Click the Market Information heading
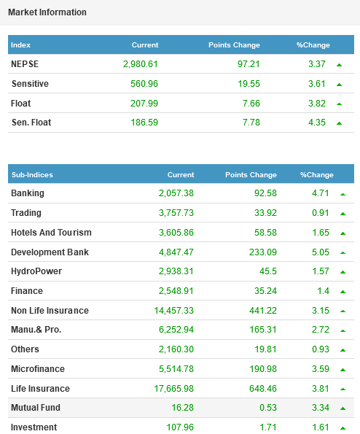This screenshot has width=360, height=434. (x=47, y=12)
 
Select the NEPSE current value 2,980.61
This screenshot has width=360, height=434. (x=141, y=64)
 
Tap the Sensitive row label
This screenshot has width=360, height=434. (x=30, y=84)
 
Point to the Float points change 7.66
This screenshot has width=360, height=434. (x=251, y=104)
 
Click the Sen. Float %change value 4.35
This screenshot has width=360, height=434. (x=317, y=123)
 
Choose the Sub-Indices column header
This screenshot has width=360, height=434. (x=32, y=174)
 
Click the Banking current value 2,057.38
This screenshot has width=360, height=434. (x=176, y=193)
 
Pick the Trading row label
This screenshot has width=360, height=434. (x=26, y=213)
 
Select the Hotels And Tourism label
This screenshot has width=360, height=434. (x=51, y=233)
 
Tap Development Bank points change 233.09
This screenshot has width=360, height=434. (x=262, y=252)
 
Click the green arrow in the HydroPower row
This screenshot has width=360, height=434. (x=343, y=272)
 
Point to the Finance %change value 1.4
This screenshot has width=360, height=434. (x=324, y=291)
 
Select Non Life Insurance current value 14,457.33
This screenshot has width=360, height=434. (x=173, y=311)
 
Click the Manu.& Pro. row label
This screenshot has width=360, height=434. (x=36, y=330)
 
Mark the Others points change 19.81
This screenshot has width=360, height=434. (x=265, y=349)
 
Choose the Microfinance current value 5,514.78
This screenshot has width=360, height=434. (x=176, y=369)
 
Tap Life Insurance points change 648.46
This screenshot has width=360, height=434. (x=262, y=389)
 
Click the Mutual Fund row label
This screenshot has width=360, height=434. (x=36, y=408)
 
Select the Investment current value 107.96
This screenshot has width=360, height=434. (x=180, y=427)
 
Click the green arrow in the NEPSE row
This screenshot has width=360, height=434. (x=340, y=65)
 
